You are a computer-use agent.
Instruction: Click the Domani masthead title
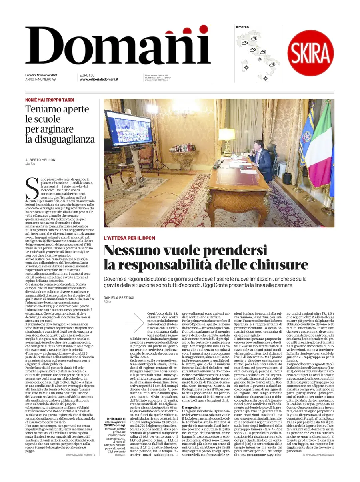pyautogui.click(x=118, y=46)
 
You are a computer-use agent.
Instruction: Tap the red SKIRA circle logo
pyautogui.click(x=310, y=53)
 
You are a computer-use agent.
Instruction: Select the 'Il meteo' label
pyautogui.click(x=242, y=27)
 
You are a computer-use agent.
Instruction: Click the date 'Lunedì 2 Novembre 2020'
pyautogui.click(x=41, y=76)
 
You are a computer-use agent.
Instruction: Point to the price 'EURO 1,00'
pyautogui.click(x=87, y=76)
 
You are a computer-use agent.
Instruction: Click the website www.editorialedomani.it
pyautogui.click(x=99, y=80)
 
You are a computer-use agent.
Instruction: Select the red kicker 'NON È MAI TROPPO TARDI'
pyautogui.click(x=50, y=100)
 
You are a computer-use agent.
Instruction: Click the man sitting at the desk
pyautogui.click(x=263, y=160)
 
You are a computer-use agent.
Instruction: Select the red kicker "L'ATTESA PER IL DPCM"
pyautogui.click(x=129, y=238)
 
